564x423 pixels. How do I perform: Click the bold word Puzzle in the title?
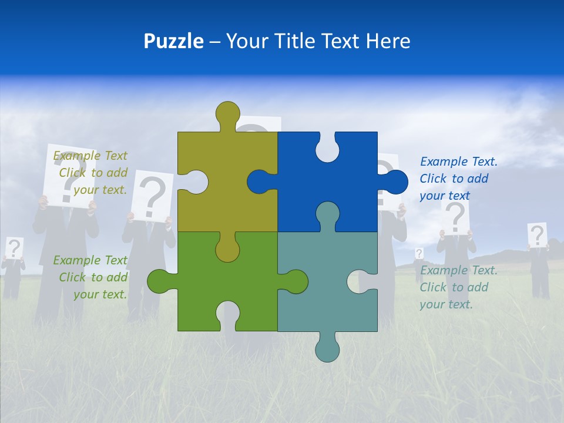click(174, 41)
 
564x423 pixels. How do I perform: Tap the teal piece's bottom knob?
click(327, 348)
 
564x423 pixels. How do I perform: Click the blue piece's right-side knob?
click(395, 182)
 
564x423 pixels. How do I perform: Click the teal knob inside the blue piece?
click(327, 214)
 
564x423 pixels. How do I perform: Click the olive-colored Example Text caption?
click(92, 173)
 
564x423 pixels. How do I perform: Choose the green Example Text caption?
click(92, 277)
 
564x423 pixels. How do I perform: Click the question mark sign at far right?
click(537, 235)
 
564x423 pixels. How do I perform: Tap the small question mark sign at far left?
click(14, 248)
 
